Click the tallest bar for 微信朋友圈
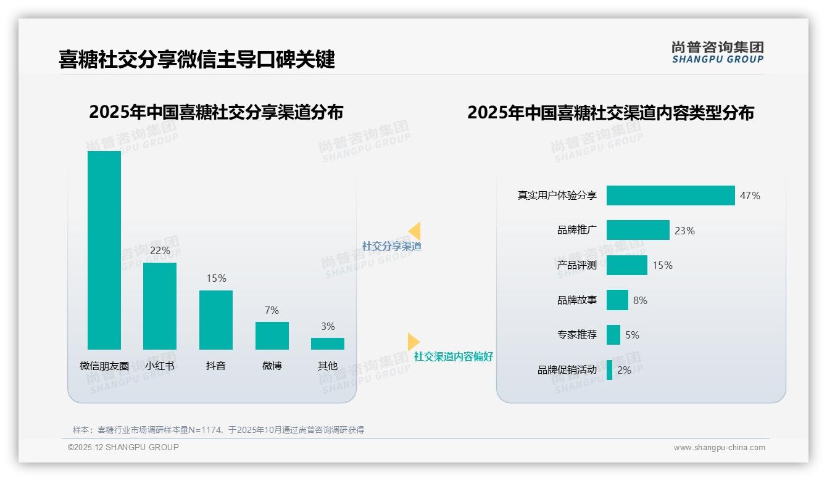click(104, 250)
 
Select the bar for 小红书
click(160, 306)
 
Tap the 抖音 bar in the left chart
click(216, 319)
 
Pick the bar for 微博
click(272, 335)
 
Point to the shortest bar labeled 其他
click(328, 343)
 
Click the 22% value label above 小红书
click(160, 250)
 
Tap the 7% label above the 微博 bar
click(272, 310)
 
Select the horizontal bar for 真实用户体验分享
click(670, 195)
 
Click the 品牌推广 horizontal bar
click(638, 230)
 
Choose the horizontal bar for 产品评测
click(626, 265)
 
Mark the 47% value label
click(750, 195)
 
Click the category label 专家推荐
click(577, 335)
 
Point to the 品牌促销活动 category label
click(567, 370)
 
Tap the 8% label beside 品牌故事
click(640, 300)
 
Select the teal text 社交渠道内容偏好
click(454, 356)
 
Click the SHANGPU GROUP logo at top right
click(717, 52)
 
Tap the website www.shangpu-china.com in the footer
click(719, 448)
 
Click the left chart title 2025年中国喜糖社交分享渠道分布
click(216, 112)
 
